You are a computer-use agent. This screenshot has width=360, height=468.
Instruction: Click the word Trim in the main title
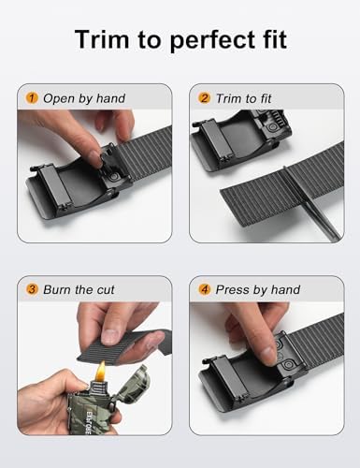coord(102,39)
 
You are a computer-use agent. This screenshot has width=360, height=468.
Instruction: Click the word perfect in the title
coord(215,40)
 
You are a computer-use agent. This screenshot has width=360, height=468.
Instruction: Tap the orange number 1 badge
coord(32,98)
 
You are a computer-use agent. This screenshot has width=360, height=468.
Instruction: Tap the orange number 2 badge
coord(204,98)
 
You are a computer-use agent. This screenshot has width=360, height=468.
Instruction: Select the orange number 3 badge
coord(32,289)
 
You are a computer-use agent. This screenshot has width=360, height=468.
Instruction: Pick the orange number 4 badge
coord(204,289)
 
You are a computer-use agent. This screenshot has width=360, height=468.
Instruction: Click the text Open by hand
coord(84,98)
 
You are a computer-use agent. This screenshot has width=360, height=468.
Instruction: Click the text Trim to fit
coord(244,98)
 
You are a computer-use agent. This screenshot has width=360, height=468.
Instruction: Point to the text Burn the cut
coord(79,289)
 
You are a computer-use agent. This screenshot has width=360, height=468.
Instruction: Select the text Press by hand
coord(258,290)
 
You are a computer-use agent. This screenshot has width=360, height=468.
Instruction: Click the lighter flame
coord(101,372)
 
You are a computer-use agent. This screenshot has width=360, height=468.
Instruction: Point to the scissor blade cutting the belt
coord(310,203)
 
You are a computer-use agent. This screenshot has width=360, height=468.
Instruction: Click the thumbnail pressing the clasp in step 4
coord(268,354)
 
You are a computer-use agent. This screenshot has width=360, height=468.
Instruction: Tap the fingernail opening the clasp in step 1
coord(94,158)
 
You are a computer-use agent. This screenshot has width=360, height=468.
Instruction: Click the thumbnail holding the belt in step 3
coord(110,336)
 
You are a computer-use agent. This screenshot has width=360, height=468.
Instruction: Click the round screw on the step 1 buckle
coord(113,177)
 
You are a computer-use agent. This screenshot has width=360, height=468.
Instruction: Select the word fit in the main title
coord(276,39)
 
